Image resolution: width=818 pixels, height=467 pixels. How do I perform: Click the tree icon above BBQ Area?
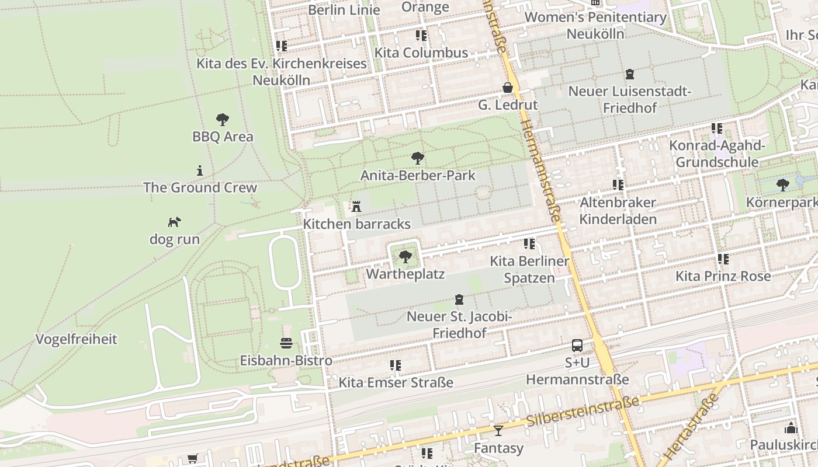click(x=222, y=120)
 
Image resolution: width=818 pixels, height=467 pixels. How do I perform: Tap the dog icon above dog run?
click(x=174, y=222)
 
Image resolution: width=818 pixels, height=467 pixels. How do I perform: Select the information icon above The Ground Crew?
click(x=200, y=170)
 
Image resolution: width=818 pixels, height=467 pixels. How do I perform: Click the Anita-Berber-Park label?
click(x=418, y=175)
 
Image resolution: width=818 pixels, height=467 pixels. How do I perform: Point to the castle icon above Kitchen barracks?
click(x=356, y=206)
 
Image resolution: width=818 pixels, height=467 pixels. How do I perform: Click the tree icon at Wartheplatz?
click(x=405, y=256)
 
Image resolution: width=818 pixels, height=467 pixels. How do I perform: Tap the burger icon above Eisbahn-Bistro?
click(x=286, y=343)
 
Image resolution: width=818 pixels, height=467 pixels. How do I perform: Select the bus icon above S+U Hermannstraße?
click(x=577, y=345)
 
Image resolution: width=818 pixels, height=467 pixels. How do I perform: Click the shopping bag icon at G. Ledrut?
click(x=508, y=88)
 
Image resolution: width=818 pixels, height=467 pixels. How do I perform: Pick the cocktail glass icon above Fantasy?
click(x=498, y=431)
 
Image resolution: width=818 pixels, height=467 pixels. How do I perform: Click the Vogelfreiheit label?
click(x=77, y=339)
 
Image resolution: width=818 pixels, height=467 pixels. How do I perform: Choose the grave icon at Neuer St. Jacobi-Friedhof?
click(x=459, y=299)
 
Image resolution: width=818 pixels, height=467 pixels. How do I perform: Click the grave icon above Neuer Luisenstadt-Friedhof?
click(x=630, y=74)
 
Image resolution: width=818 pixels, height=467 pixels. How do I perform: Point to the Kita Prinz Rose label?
click(x=723, y=276)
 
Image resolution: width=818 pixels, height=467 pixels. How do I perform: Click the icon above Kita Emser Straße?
click(x=396, y=365)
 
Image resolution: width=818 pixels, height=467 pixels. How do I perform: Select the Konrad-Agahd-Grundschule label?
click(x=717, y=154)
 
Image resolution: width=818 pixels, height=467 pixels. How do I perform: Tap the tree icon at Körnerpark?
click(x=783, y=185)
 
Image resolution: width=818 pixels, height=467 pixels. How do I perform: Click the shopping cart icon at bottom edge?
click(x=192, y=459)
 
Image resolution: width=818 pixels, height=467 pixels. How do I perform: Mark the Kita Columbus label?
click(x=421, y=53)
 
